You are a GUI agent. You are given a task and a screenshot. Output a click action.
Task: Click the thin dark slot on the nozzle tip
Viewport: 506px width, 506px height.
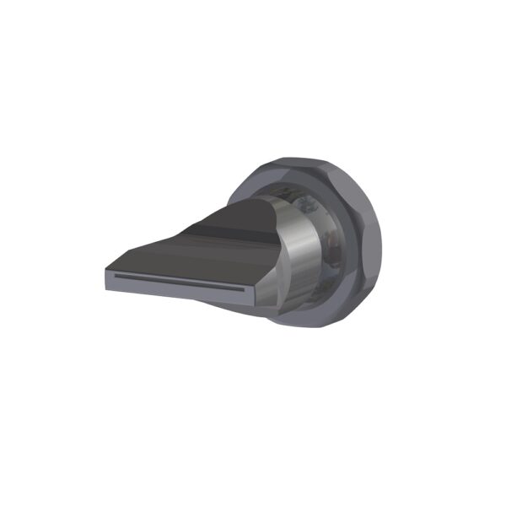177,281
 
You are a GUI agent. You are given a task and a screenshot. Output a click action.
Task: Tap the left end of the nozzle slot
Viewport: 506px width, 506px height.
112,276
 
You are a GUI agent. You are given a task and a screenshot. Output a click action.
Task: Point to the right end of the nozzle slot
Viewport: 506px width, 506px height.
244,288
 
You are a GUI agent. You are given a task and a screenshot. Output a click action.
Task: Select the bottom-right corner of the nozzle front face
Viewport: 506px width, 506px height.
250,299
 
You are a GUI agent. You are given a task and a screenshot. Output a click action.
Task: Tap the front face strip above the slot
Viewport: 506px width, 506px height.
177,274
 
